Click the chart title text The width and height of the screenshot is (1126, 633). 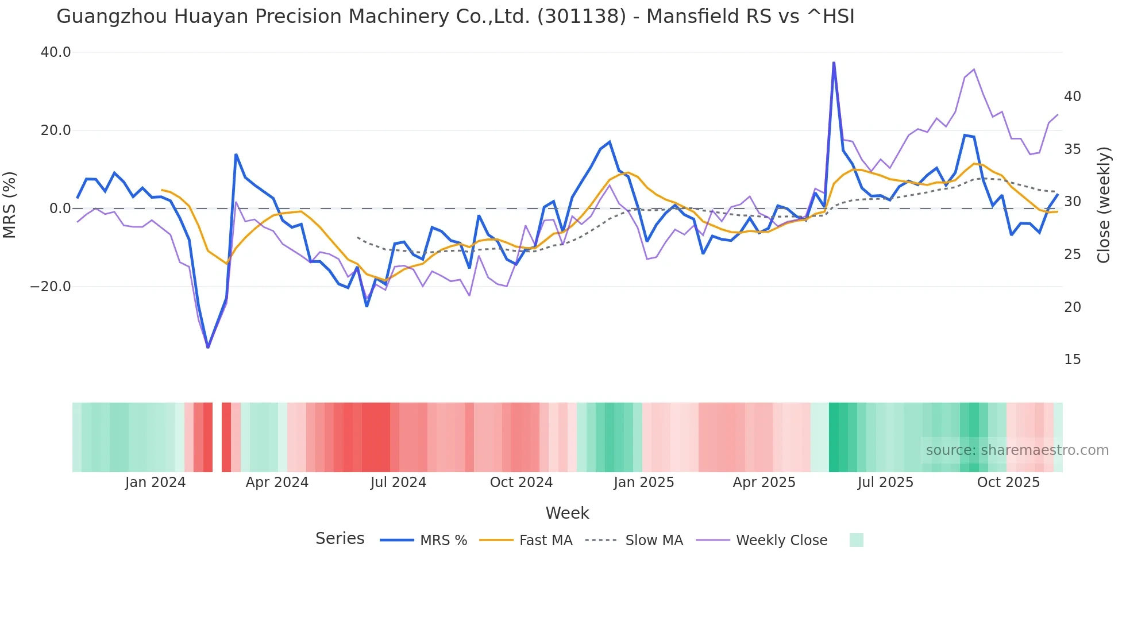click(x=455, y=17)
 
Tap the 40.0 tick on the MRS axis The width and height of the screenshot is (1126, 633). click(x=56, y=52)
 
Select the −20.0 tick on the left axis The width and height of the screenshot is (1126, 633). click(x=51, y=287)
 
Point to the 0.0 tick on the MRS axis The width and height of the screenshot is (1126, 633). click(x=60, y=209)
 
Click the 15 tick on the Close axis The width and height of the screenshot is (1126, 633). click(x=1072, y=360)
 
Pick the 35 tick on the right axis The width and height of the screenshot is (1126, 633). click(x=1072, y=149)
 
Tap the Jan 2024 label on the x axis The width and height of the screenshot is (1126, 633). click(x=155, y=483)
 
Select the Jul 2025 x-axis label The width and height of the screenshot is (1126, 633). click(x=885, y=483)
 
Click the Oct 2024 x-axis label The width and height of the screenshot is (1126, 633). click(x=521, y=483)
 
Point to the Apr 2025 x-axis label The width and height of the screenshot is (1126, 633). click(x=764, y=483)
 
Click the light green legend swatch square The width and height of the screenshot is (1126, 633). click(x=856, y=540)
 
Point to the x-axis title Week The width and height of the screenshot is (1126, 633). click(x=567, y=513)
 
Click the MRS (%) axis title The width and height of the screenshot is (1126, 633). click(x=9, y=204)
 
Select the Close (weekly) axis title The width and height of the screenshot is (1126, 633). click(x=1104, y=204)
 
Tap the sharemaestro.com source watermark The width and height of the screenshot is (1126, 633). click(x=1017, y=450)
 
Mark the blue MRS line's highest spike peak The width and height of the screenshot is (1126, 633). click(x=834, y=63)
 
